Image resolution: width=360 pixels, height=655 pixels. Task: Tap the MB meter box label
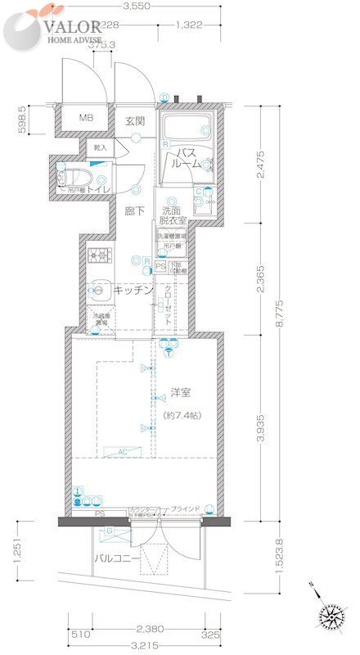click(86, 120)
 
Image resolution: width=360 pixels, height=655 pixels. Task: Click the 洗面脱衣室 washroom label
click(173, 215)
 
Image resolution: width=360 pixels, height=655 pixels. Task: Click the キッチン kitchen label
click(133, 290)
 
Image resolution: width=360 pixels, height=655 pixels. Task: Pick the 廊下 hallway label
click(135, 211)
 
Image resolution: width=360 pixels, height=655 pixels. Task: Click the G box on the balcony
click(110, 532)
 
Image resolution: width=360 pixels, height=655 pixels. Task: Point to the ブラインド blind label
click(185, 509)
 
